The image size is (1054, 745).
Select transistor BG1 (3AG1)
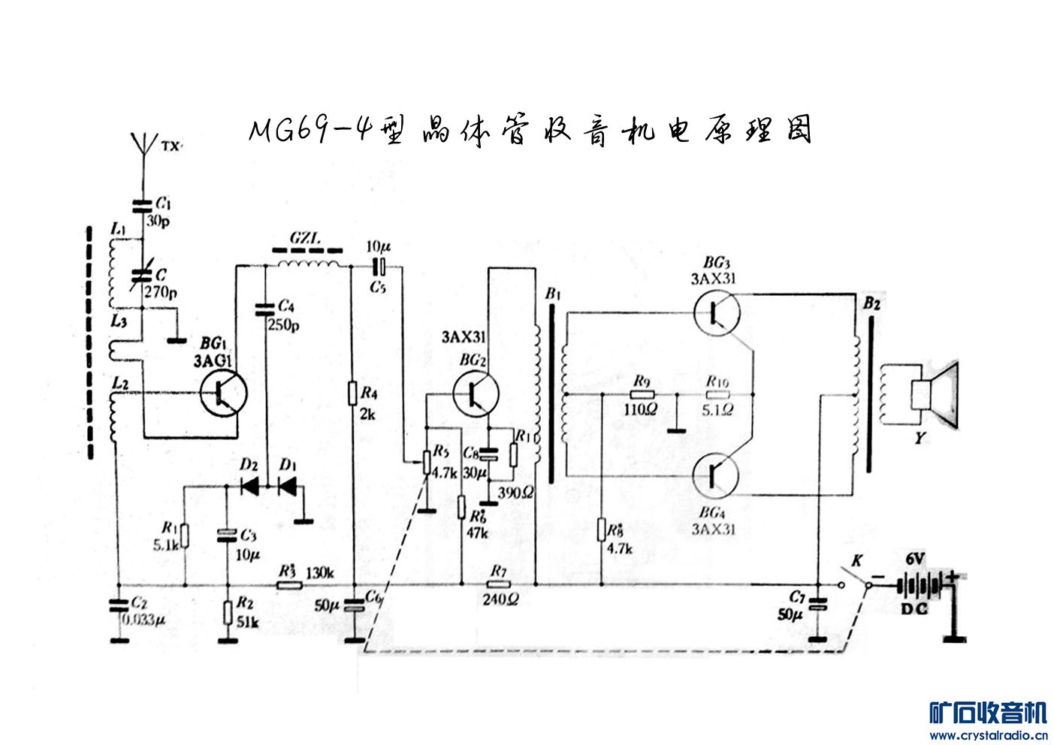tap(223, 393)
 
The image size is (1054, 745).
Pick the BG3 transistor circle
tap(716, 312)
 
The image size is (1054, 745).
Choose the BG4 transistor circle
tap(715, 475)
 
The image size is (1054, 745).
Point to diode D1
tap(288, 487)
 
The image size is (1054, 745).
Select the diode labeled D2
tap(249, 487)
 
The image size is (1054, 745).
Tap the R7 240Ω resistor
tap(498, 585)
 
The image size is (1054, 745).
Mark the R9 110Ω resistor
tap(641, 394)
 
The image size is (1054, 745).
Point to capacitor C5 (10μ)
tap(379, 266)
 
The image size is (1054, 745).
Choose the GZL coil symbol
tap(307, 263)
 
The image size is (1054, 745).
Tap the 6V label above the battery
tap(915, 559)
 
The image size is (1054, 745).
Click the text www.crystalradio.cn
tap(988, 735)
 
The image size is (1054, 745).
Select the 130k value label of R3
tap(319, 573)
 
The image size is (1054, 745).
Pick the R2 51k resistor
tap(226, 612)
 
